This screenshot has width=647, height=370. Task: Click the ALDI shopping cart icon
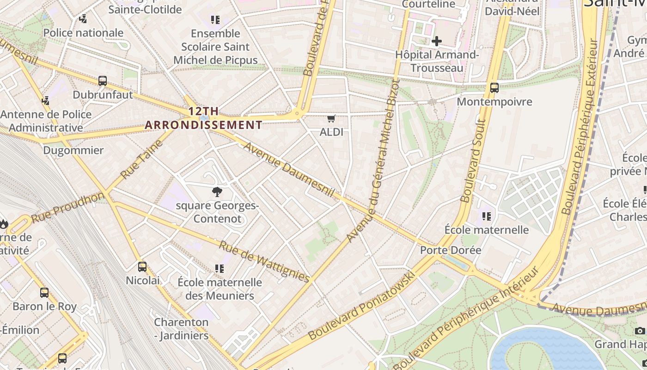[x=331, y=119]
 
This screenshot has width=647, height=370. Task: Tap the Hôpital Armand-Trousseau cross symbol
[x=436, y=41]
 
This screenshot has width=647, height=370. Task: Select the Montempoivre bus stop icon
[x=494, y=87]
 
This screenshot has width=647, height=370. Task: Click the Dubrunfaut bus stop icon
[x=103, y=81]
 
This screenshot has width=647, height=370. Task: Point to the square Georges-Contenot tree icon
[x=217, y=192]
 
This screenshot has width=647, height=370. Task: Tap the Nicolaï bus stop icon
[x=142, y=267]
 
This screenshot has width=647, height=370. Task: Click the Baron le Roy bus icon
[x=44, y=293]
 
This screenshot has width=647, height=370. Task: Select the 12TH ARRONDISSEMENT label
[x=203, y=118]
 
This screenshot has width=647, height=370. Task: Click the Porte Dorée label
[x=450, y=250]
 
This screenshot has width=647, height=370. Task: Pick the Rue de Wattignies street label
[x=264, y=261]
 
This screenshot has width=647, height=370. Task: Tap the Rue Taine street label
[x=142, y=159]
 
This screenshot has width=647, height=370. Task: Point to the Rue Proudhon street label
[x=68, y=207]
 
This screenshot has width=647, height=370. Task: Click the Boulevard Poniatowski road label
[x=361, y=306]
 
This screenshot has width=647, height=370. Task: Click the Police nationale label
[x=83, y=33]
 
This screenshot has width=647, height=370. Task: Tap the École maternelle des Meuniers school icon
[x=219, y=268]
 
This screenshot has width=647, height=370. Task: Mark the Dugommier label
[x=73, y=150]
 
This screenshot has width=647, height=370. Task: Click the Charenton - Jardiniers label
[x=181, y=329]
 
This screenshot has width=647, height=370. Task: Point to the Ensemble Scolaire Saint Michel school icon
[x=215, y=20]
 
